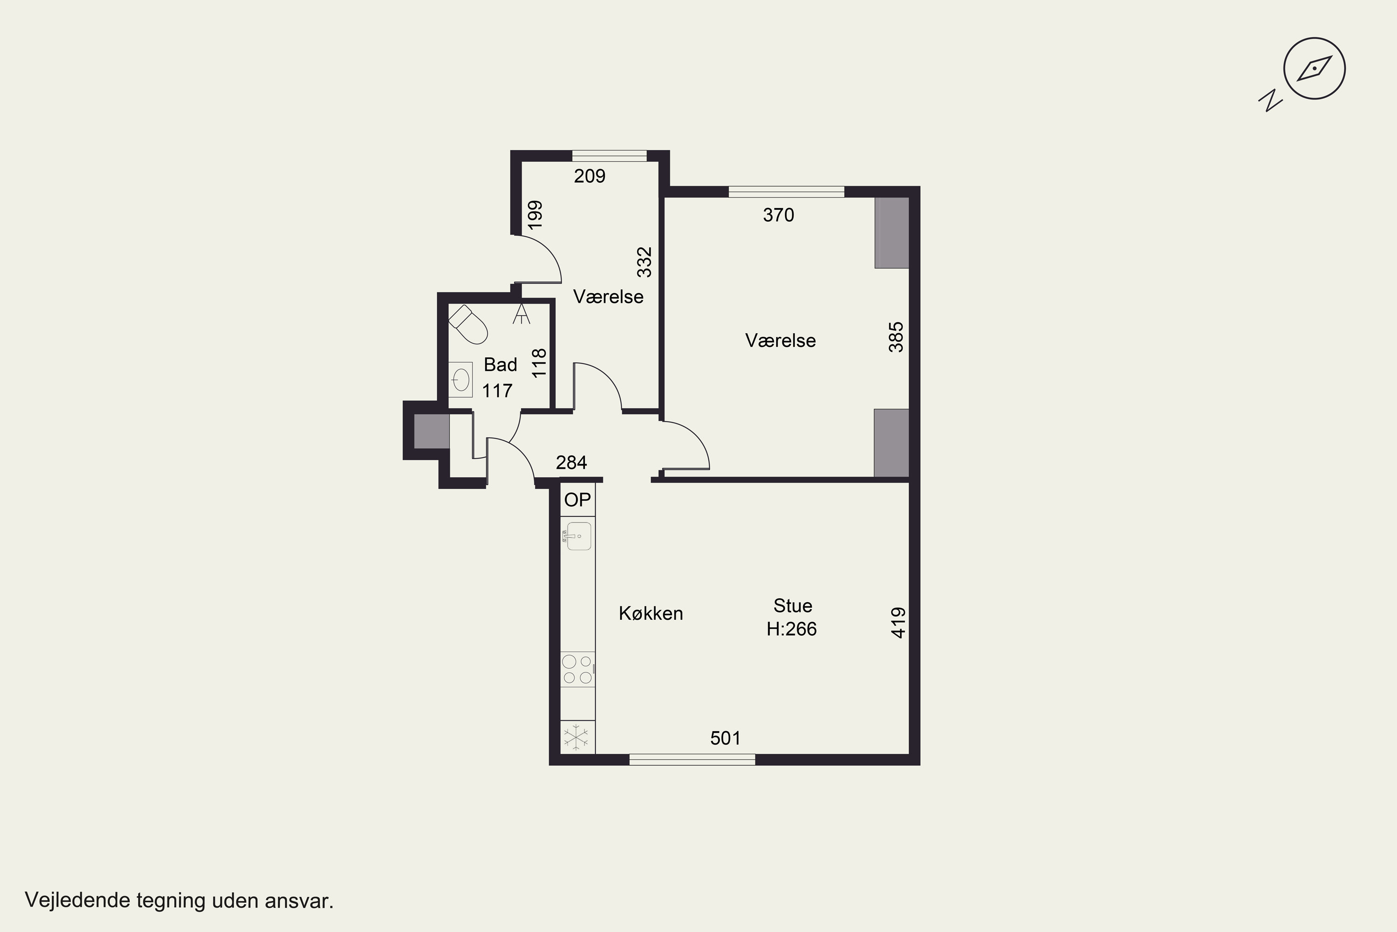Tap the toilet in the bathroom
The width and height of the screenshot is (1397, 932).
tap(468, 324)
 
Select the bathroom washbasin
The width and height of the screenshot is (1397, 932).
tap(461, 379)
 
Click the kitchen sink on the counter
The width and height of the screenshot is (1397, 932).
tap(578, 536)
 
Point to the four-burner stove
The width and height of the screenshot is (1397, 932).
tap(578, 669)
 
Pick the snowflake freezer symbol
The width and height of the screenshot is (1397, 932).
tap(576, 738)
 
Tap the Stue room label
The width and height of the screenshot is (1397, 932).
tap(793, 606)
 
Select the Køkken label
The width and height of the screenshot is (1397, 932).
tap(651, 613)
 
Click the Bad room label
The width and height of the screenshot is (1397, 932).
tap(500, 364)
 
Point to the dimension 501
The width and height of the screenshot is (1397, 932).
tap(725, 738)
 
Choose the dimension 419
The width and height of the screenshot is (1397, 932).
tap(899, 623)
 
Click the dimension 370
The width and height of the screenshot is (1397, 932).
tap(778, 215)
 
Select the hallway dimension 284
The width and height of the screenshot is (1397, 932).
tap(571, 462)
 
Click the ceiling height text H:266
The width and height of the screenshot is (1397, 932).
tap(791, 629)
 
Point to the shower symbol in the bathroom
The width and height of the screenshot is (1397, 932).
tap(521, 313)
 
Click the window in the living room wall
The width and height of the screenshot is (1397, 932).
tap(692, 759)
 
